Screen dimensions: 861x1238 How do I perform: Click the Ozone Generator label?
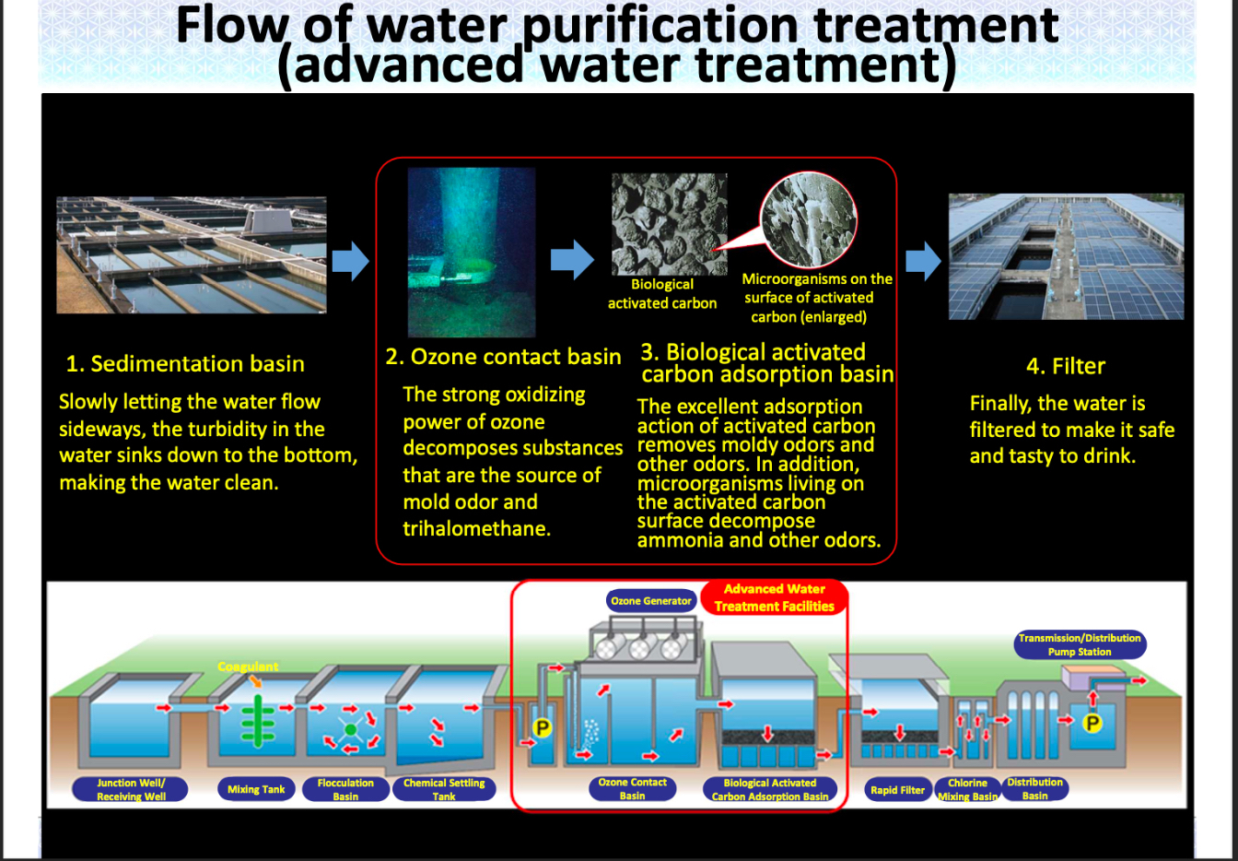pyautogui.click(x=650, y=601)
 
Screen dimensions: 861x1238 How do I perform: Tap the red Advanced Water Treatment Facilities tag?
pyautogui.click(x=774, y=597)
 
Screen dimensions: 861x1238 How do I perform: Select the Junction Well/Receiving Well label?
pyautogui.click(x=131, y=789)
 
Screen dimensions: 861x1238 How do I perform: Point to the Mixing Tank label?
pyautogui.click(x=256, y=789)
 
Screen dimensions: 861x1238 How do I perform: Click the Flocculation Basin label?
pyautogui.click(x=345, y=789)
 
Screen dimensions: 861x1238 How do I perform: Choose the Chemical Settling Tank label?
pyautogui.click(x=444, y=789)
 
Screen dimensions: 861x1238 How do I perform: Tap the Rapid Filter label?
pyautogui.click(x=897, y=790)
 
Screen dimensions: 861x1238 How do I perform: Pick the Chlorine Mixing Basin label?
pyautogui.click(x=967, y=789)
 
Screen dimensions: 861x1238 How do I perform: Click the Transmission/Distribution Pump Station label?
pyautogui.click(x=1080, y=644)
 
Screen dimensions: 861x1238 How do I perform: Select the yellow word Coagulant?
pyautogui.click(x=248, y=666)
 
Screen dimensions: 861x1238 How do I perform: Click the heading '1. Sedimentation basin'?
pyautogui.click(x=185, y=364)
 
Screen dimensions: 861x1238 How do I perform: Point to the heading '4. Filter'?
pyautogui.click(x=1066, y=367)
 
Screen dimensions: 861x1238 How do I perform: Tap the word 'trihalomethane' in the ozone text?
pyautogui.click(x=476, y=529)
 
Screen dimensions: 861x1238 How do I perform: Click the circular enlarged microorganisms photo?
pyautogui.click(x=809, y=220)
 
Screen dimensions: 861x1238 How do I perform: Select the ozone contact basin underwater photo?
pyautogui.click(x=472, y=252)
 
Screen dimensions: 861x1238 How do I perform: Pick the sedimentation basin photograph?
pyautogui.click(x=192, y=254)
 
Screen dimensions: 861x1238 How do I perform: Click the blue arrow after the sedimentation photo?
pyautogui.click(x=350, y=262)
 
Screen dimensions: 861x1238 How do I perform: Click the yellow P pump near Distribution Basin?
pyautogui.click(x=1092, y=723)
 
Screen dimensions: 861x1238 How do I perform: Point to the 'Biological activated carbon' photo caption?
pyautogui.click(x=662, y=294)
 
